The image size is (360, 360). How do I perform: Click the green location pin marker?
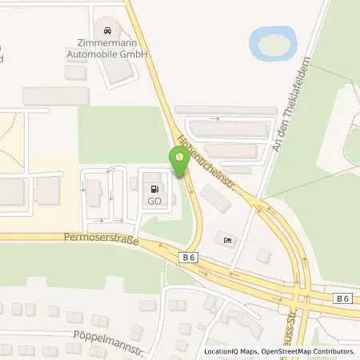click(x=179, y=160)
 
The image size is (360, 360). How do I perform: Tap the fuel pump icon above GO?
click(x=154, y=190)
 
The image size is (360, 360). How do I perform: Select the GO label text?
click(x=154, y=202)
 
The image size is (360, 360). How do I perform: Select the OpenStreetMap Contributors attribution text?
click(x=313, y=351)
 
